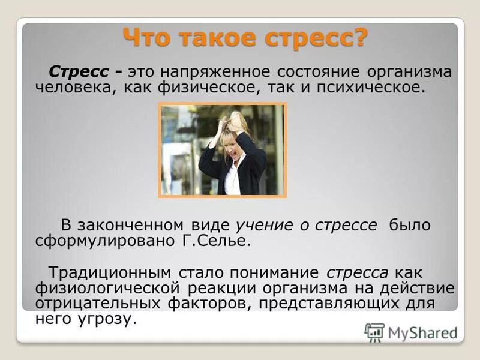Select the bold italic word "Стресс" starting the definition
pos(80,71)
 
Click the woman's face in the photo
pos(233,143)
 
